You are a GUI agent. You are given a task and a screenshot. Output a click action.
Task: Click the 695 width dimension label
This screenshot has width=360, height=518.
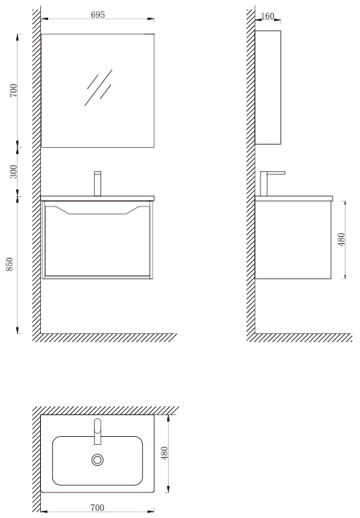(x=98, y=14)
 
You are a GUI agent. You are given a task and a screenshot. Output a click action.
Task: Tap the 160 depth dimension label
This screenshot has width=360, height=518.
(x=268, y=16)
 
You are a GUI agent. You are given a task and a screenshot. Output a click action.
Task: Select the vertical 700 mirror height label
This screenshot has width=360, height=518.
(x=13, y=91)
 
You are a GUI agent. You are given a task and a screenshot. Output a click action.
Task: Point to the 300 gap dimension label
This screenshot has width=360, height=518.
(x=13, y=171)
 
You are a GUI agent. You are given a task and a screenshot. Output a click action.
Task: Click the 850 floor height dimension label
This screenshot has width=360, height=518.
(x=10, y=264)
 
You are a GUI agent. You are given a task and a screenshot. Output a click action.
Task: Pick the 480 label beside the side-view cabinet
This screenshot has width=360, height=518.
(x=342, y=239)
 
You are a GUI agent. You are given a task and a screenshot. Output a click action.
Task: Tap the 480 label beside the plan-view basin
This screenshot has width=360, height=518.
(x=165, y=453)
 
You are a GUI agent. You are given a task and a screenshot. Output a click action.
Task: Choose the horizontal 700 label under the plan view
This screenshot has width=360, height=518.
(x=97, y=507)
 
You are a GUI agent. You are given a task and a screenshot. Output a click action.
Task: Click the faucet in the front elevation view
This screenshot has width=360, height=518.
(x=97, y=184)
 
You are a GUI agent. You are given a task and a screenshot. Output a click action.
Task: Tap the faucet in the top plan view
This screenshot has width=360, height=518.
(x=97, y=431)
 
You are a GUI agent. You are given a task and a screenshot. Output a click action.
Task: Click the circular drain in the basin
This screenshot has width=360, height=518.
(x=97, y=459)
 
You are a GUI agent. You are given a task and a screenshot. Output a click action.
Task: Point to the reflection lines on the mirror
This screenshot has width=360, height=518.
(x=99, y=88)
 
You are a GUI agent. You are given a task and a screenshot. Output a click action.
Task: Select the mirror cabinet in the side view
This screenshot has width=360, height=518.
(x=268, y=88)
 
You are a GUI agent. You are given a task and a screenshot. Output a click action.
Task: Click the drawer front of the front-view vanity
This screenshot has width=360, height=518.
(x=97, y=241)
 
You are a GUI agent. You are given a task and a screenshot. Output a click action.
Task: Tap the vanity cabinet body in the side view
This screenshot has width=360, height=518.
(x=293, y=240)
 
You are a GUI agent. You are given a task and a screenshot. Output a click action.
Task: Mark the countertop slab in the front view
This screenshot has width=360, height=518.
(x=97, y=198)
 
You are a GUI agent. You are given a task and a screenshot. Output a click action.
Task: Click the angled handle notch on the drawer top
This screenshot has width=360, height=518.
(x=97, y=210)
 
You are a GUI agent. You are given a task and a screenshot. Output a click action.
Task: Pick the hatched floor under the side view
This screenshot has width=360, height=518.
(x=300, y=337)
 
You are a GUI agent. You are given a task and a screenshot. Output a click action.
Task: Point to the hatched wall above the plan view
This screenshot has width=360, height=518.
(x=106, y=410)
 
